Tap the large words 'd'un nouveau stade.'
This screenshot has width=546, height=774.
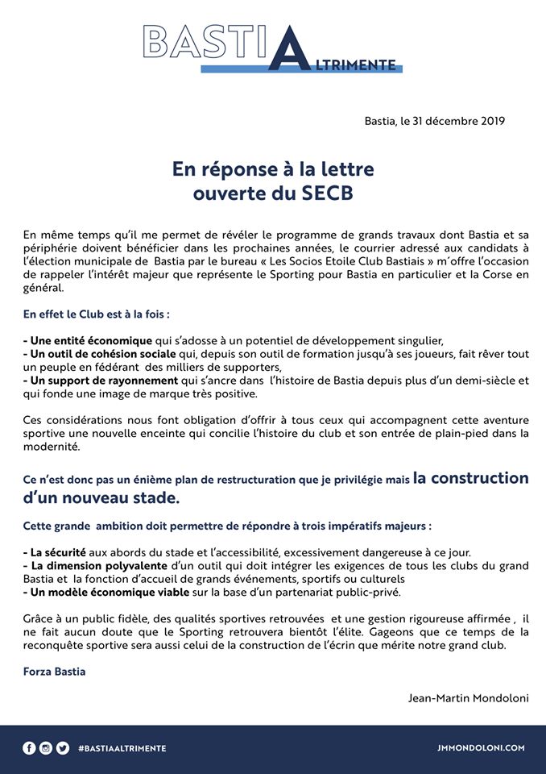click(101, 498)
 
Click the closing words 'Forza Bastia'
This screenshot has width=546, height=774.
click(54, 671)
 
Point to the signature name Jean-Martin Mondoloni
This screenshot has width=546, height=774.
click(468, 697)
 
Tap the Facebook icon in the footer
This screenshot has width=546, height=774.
click(29, 747)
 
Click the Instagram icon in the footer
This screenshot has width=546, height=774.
click(46, 747)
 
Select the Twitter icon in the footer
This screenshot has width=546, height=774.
click(63, 747)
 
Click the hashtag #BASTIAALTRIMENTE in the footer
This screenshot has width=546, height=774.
click(122, 748)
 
